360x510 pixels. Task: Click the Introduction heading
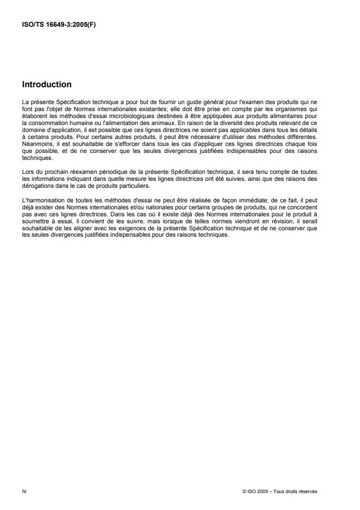click(47, 84)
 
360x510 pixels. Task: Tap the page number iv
click(23, 491)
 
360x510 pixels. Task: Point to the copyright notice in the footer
click(279, 492)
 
